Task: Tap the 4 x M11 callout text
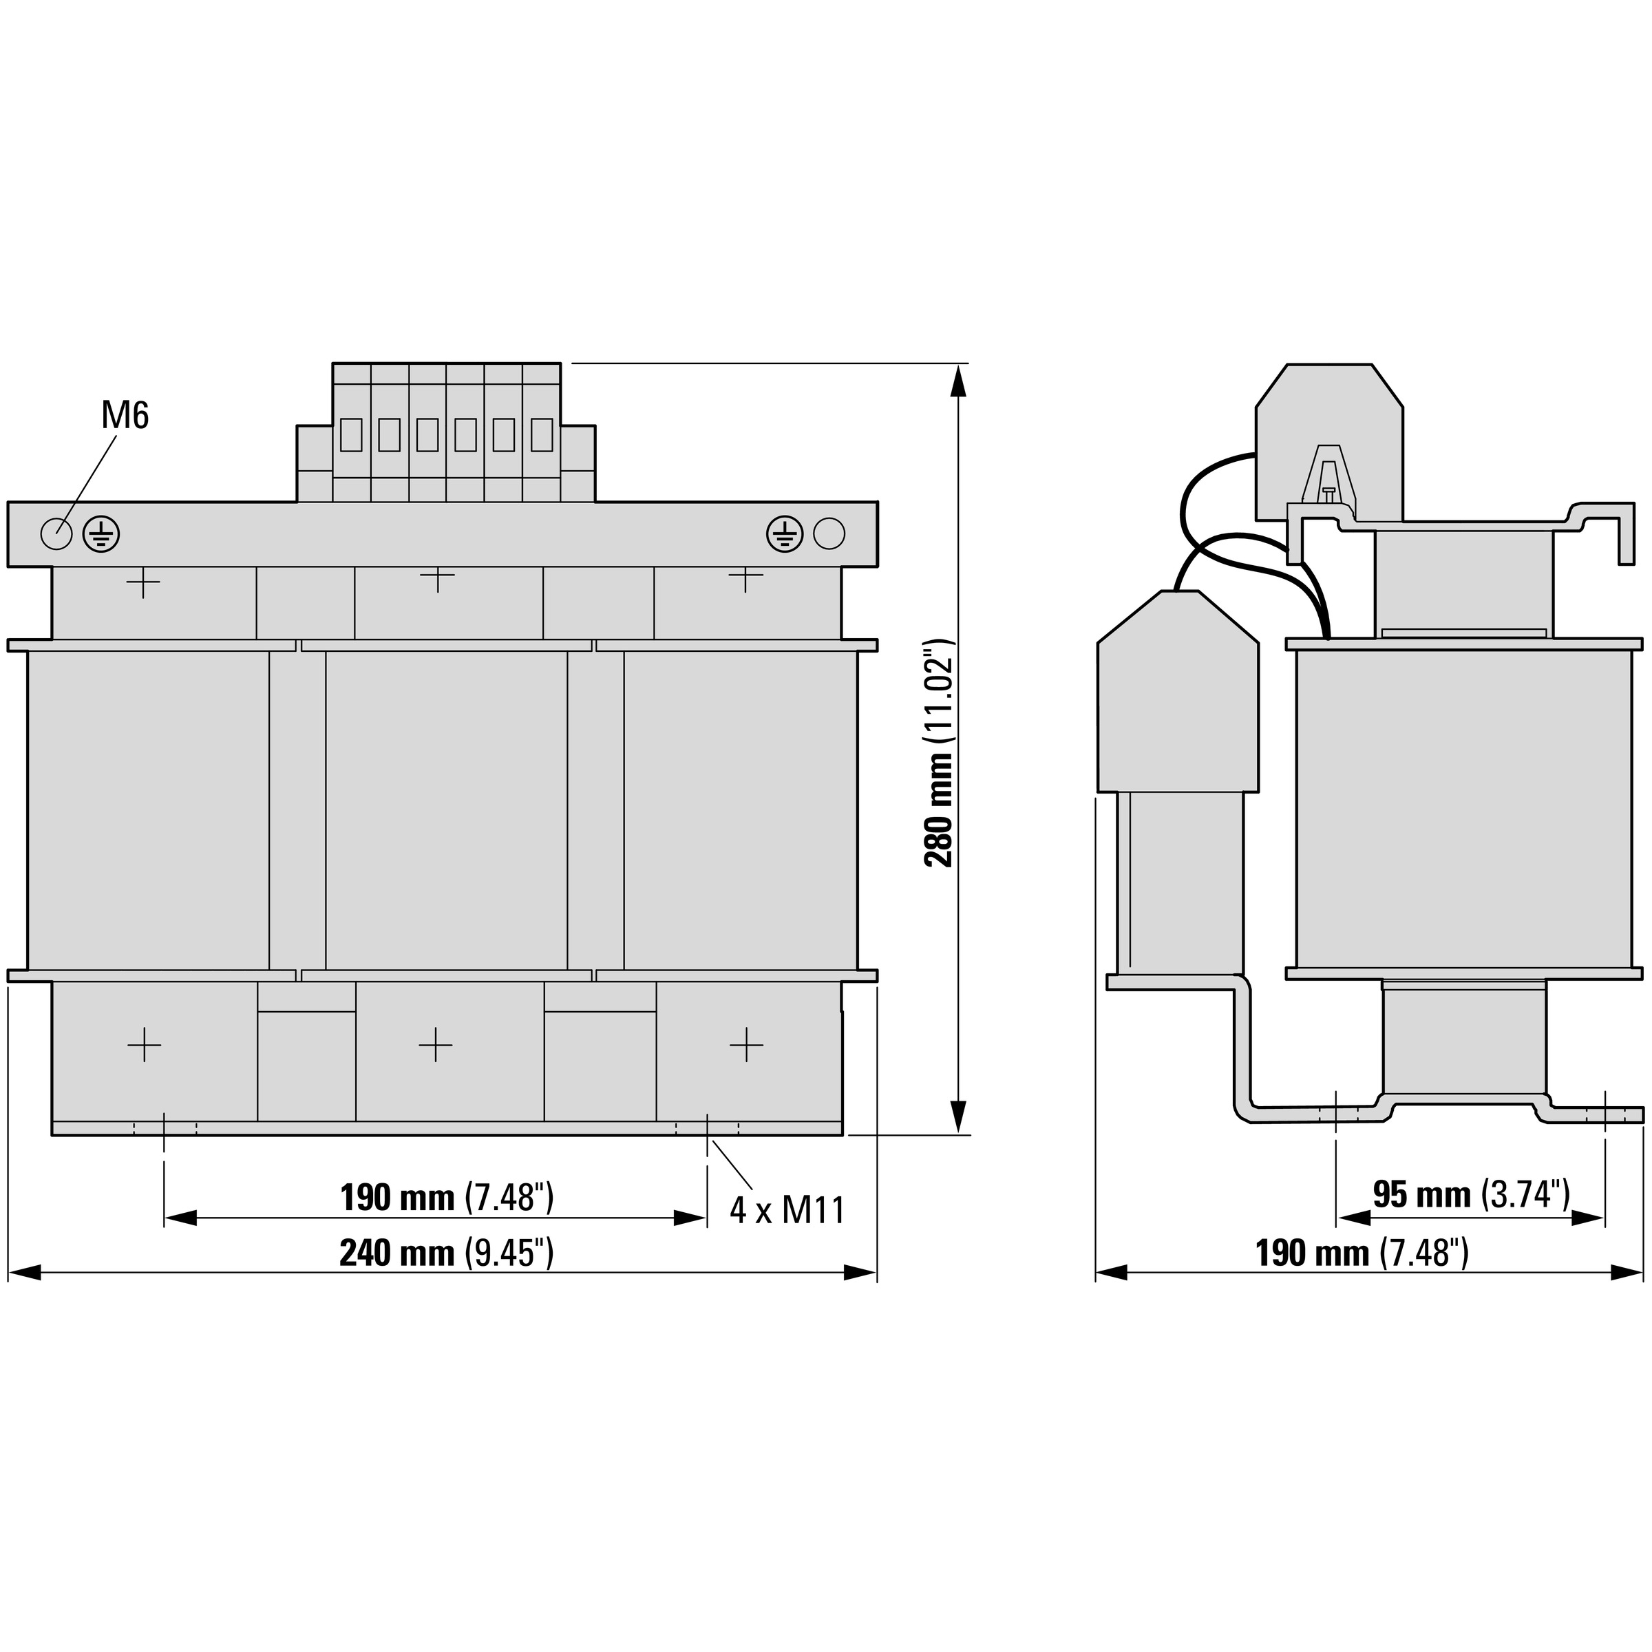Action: point(787,1210)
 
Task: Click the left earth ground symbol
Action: point(101,534)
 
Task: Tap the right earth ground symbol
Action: point(785,534)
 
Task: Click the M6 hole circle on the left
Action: point(56,533)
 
